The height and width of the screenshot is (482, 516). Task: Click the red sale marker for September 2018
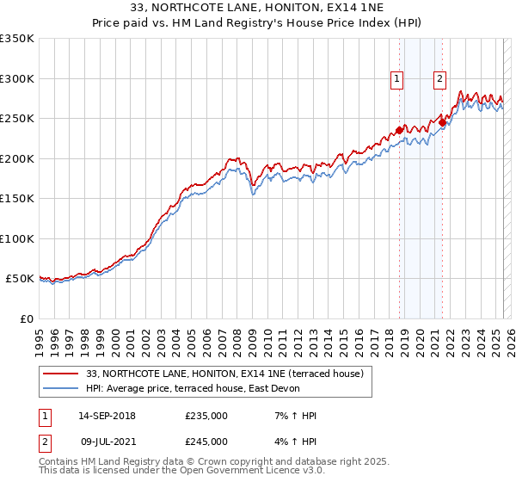click(399, 131)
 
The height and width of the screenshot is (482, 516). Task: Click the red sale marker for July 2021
click(442, 122)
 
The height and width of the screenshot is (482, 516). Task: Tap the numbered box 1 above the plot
click(397, 79)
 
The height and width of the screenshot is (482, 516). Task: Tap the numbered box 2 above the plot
click(440, 79)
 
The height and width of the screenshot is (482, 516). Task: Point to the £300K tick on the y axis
click(16, 78)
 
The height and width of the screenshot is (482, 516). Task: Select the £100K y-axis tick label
click(16, 238)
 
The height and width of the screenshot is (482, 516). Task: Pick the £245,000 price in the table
click(206, 441)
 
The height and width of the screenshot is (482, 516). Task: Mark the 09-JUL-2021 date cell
click(106, 441)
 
